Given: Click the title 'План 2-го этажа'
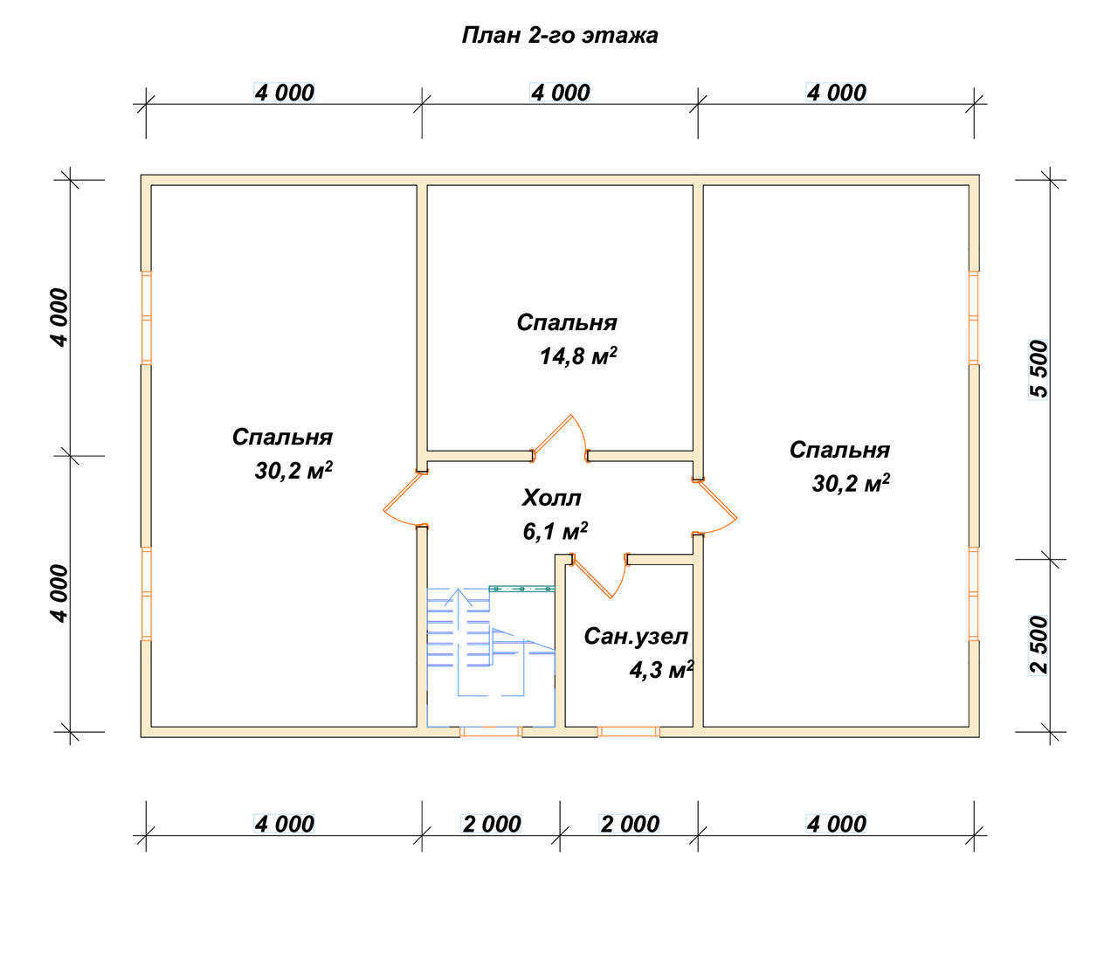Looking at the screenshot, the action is pyautogui.click(x=559, y=35).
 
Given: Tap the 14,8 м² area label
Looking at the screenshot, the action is pyautogui.click(x=577, y=355).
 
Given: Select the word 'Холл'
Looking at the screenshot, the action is pyautogui.click(x=551, y=498).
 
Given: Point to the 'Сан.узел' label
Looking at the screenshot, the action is pyautogui.click(x=636, y=637).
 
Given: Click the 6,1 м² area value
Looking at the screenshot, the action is pyautogui.click(x=555, y=531).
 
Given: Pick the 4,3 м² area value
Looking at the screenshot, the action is pyautogui.click(x=661, y=671).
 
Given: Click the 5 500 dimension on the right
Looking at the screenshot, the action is pyautogui.click(x=1038, y=369).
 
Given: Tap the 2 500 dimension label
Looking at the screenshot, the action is pyautogui.click(x=1038, y=645).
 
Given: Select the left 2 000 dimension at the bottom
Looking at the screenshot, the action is pyautogui.click(x=491, y=825).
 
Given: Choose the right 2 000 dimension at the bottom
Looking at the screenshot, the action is pyautogui.click(x=629, y=825).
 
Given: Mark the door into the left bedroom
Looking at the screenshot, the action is pyautogui.click(x=403, y=497).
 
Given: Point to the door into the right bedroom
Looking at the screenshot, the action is pyautogui.click(x=716, y=506).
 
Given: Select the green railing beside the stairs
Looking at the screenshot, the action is pyautogui.click(x=522, y=589).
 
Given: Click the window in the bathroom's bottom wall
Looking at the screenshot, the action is pyautogui.click(x=629, y=732).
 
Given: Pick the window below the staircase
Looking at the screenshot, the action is pyautogui.click(x=491, y=732).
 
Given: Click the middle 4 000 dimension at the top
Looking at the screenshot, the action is pyautogui.click(x=560, y=93).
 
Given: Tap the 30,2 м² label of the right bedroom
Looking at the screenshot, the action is pyautogui.click(x=851, y=483).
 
